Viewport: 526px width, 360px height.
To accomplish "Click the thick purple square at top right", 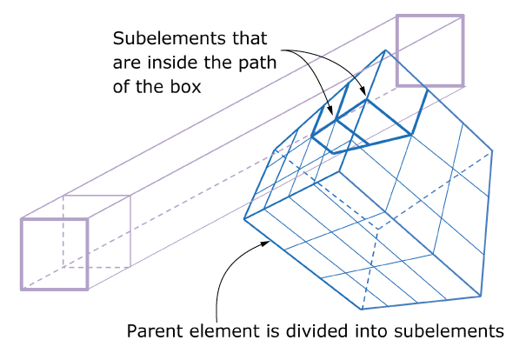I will coord(430,50).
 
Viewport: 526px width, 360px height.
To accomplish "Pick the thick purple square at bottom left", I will coord(54,253).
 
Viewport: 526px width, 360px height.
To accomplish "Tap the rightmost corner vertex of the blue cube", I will coord(493,150).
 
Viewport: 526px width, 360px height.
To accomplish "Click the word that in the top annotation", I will coord(241,40).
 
